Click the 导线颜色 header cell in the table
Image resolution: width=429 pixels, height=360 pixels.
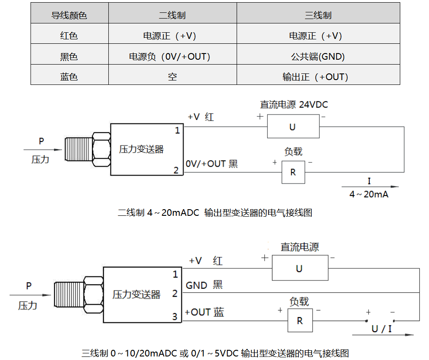pyautogui.click(x=69, y=15)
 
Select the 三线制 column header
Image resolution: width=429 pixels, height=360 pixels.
pyautogui.click(x=318, y=15)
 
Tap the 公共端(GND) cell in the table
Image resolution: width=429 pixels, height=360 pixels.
pyautogui.click(x=318, y=56)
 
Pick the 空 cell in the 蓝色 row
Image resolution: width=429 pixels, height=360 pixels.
pyautogui.click(x=172, y=77)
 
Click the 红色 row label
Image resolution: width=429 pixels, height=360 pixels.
pyautogui.click(x=69, y=36)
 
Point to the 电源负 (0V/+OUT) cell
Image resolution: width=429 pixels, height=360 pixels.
pyautogui.click(x=172, y=56)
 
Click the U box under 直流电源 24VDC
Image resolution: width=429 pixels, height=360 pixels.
pyautogui.click(x=293, y=127)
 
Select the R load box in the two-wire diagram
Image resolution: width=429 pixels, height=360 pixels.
pyautogui.click(x=293, y=172)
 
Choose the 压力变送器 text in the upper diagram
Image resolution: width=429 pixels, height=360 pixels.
pyautogui.click(x=141, y=149)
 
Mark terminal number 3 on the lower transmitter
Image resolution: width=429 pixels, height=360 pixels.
pyautogui.click(x=175, y=316)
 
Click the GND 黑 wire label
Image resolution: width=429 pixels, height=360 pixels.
pyautogui.click(x=204, y=285)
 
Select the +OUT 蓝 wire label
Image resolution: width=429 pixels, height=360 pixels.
pyautogui.click(x=204, y=312)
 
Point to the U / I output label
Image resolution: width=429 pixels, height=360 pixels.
pyautogui.click(x=381, y=329)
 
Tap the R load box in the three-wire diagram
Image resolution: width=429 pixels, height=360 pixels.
pyautogui.click(x=300, y=321)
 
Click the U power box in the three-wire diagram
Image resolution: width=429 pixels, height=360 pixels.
pyautogui.click(x=299, y=268)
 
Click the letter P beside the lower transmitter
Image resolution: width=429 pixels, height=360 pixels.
pyautogui.click(x=29, y=286)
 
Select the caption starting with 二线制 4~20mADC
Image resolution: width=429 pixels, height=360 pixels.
pyautogui.click(x=215, y=212)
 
